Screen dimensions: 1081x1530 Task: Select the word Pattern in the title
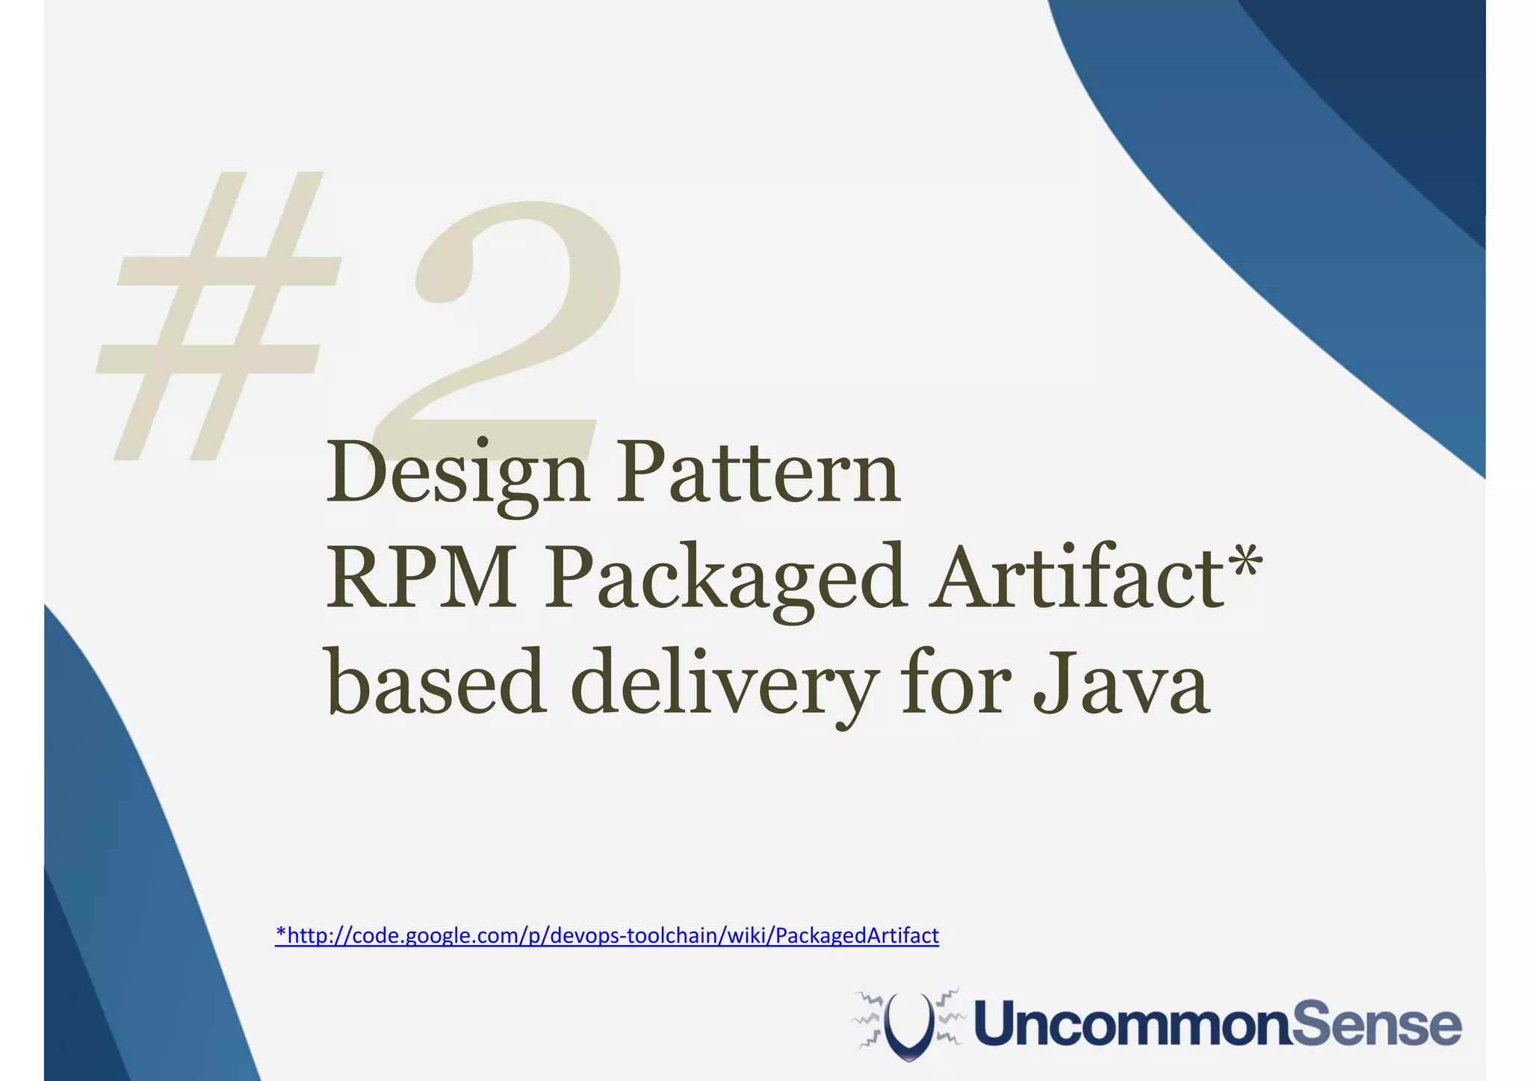758,473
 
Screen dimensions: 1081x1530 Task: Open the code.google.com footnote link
607,935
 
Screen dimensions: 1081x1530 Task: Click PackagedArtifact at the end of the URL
857,935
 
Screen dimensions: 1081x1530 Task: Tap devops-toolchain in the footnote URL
632,935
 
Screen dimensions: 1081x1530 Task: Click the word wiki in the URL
744,935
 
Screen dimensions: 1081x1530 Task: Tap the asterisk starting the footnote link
281,933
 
